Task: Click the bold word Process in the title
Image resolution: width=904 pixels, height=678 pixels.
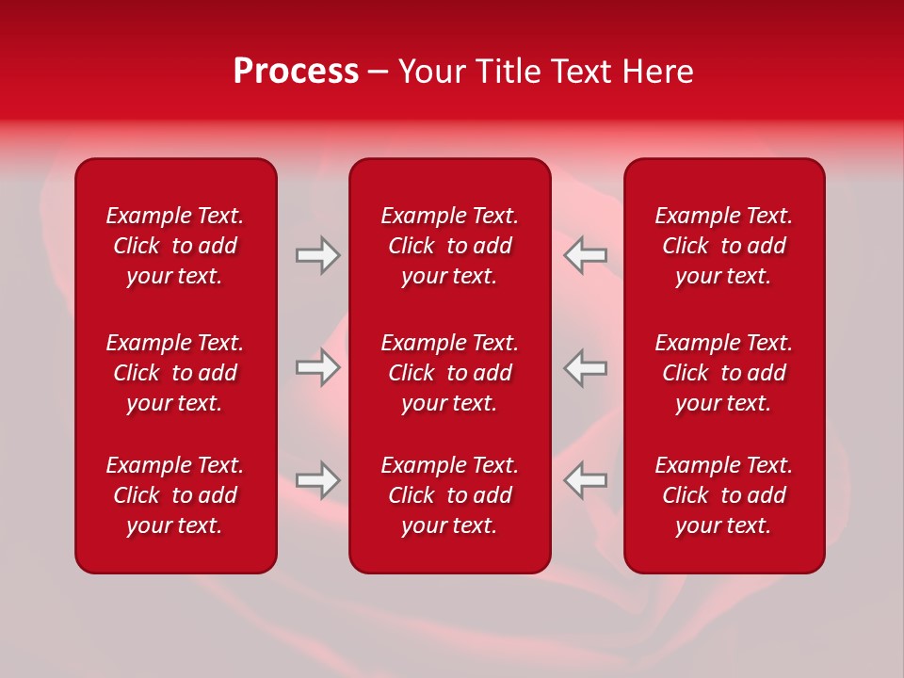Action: [x=296, y=72]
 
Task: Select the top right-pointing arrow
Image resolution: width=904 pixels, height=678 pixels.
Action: [x=318, y=255]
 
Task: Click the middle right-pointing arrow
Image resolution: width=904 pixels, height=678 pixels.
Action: [x=318, y=367]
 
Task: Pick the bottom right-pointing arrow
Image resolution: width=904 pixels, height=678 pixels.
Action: [x=318, y=480]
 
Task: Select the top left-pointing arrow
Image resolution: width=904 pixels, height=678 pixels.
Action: [x=585, y=255]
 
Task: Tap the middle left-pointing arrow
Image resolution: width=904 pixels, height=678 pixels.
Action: [x=585, y=367]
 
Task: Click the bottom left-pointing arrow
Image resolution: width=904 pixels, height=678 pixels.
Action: [x=585, y=480]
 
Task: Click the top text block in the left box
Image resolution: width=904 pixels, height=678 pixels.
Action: [x=175, y=246]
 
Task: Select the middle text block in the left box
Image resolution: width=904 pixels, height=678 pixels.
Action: [x=175, y=373]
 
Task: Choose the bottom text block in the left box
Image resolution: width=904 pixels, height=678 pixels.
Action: [x=175, y=495]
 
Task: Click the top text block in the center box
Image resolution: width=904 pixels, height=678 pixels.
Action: [x=450, y=246]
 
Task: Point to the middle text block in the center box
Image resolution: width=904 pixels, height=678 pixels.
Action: [x=450, y=373]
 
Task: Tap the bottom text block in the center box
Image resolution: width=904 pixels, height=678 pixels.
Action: [x=450, y=495]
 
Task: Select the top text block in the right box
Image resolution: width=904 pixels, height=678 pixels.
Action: [x=724, y=246]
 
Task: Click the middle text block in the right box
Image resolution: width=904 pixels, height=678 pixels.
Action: [x=724, y=373]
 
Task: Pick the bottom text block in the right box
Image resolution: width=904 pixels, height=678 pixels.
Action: [x=724, y=495]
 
